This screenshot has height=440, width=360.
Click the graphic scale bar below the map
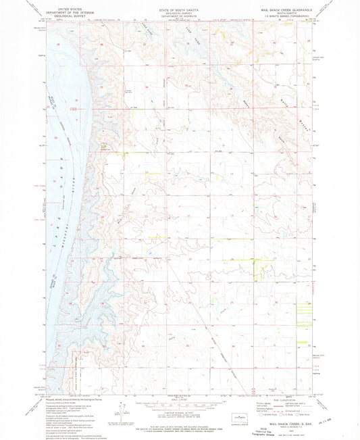(179, 404)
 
